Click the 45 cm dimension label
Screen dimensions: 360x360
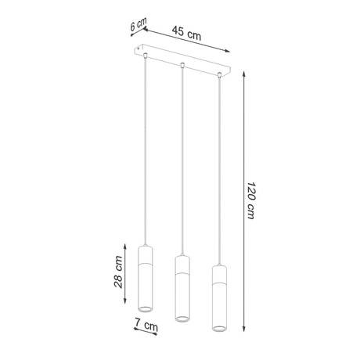tap(185, 33)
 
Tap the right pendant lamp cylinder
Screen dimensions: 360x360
tap(219, 297)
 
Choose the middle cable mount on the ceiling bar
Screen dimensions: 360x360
tap(182, 65)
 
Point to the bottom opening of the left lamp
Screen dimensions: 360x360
tap(145, 311)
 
